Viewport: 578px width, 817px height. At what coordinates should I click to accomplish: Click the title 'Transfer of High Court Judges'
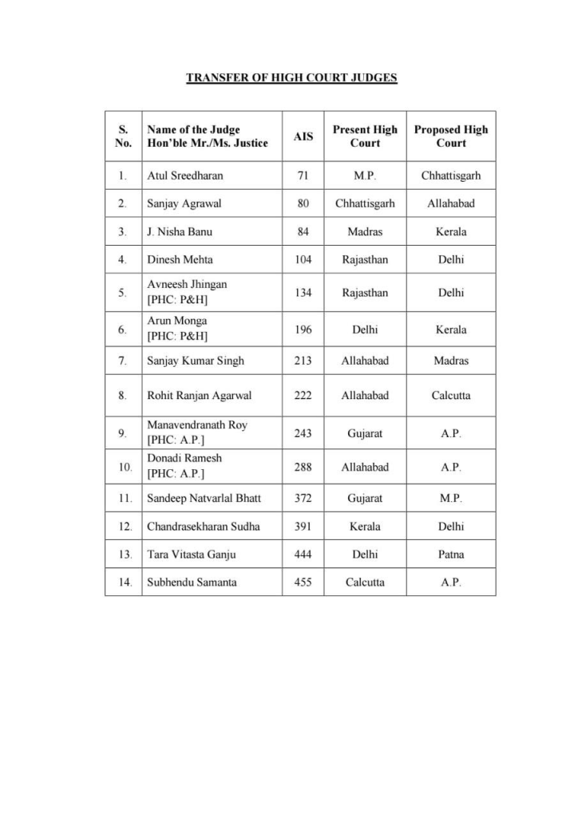[x=291, y=77]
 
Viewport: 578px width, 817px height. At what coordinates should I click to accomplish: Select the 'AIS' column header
[x=303, y=136]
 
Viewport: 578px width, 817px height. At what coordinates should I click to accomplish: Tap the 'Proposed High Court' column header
[x=450, y=136]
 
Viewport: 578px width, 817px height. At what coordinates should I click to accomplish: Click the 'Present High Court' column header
[x=365, y=136]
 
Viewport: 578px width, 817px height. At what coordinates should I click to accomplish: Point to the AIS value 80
[x=303, y=203]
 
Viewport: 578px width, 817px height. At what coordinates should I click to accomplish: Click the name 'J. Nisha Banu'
[x=179, y=232]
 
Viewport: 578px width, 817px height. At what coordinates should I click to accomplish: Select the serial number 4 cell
[x=122, y=260]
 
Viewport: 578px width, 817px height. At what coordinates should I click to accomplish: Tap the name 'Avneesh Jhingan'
[x=187, y=284]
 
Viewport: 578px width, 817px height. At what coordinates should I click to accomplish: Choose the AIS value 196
[x=303, y=329]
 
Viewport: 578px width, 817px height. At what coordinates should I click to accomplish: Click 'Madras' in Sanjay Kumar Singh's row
[x=450, y=361]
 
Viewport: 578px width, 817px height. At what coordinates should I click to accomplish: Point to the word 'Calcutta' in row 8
[x=450, y=395]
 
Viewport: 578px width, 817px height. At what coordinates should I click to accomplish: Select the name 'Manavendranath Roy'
[x=196, y=425]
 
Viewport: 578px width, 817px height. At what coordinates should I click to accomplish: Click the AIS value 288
[x=303, y=467]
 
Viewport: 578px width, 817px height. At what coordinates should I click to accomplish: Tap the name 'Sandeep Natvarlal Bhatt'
[x=204, y=498]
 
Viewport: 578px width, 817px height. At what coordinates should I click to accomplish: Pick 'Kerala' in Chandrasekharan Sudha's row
[x=365, y=527]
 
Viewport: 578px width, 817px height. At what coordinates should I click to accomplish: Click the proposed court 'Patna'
[x=450, y=555]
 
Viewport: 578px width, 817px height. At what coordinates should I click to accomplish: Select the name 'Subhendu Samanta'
[x=191, y=582]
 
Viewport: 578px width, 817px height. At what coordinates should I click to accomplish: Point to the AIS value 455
[x=303, y=582]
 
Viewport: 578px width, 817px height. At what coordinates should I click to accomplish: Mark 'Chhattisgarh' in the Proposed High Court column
[x=450, y=175]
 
